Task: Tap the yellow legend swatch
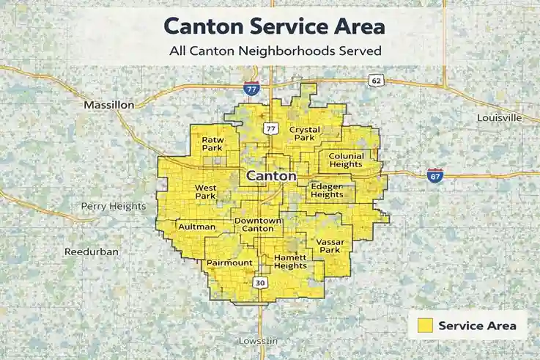coord(424,326)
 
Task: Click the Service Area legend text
coord(477,326)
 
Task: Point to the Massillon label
coord(108,105)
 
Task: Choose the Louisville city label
coord(499,117)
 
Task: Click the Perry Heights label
coord(114,206)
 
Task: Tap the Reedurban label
coord(92,251)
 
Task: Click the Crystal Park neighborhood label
coord(305,133)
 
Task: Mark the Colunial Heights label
coord(346,160)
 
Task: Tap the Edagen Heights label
coord(327,190)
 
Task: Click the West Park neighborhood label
coord(205,191)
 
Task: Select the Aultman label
coord(196,227)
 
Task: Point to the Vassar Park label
coord(330,245)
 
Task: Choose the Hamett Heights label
coord(290,262)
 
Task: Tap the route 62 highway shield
coord(377,81)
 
